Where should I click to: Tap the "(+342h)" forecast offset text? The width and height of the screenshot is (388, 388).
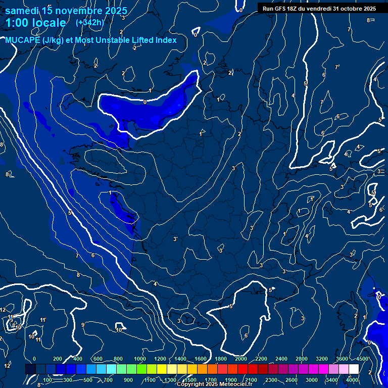89,23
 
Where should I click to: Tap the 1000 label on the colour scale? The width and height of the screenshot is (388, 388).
140,359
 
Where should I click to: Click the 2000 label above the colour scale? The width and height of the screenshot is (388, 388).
241,359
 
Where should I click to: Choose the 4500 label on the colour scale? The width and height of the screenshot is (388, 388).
362,359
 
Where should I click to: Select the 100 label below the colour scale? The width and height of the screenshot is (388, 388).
47,380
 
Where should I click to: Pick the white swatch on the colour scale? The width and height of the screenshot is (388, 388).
354,369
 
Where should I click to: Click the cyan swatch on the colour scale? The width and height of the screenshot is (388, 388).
111,369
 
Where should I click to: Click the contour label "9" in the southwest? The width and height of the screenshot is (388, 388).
82,325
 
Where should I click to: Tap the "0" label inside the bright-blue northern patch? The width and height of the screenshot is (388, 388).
145,102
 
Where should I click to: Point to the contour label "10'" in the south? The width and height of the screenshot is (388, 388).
119,330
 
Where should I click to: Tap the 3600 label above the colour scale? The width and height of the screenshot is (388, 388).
342,359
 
